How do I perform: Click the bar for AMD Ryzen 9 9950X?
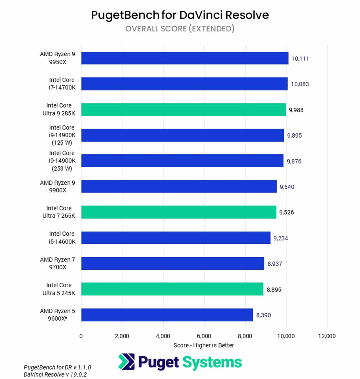(184, 58)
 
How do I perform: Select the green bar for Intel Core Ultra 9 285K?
(183, 109)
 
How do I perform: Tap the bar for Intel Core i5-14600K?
(175, 238)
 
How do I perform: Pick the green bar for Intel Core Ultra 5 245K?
(172, 289)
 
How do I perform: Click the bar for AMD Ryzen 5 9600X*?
(167, 315)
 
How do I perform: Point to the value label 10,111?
(300, 58)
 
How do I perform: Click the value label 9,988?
(296, 110)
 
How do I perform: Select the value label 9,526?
(286, 212)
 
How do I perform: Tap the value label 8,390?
(263, 315)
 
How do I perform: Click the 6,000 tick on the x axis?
(204, 336)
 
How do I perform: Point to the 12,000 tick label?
(327, 336)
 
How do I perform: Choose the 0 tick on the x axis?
(81, 336)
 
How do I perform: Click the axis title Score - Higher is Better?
(204, 345)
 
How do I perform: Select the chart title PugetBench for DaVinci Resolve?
(180, 15)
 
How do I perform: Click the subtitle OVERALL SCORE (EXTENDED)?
(180, 29)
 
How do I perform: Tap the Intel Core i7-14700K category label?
(62, 84)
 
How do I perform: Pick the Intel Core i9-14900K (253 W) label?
(62, 161)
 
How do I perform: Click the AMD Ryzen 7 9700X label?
(58, 263)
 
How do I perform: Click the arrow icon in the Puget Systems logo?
(126, 362)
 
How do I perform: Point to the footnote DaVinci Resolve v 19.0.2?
(55, 375)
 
